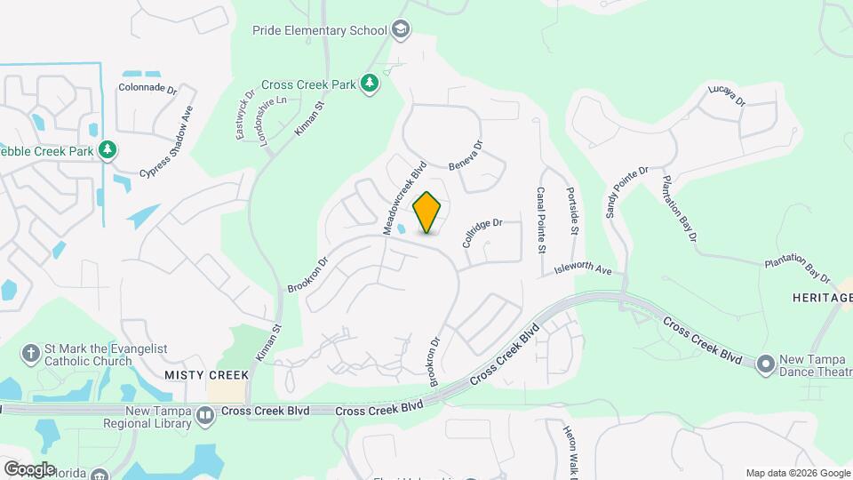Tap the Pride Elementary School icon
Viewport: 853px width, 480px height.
tap(402, 30)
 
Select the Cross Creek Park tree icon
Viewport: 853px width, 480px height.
tap(370, 84)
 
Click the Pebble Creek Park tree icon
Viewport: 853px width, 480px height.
tap(108, 149)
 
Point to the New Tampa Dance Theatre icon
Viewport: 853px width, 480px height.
tap(766, 364)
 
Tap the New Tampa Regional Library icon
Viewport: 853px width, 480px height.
tap(205, 414)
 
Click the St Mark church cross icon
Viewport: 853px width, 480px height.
tap(30, 353)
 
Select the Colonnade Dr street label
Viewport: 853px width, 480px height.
tap(147, 88)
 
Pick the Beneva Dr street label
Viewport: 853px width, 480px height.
tap(466, 156)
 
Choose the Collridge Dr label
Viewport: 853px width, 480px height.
tap(482, 233)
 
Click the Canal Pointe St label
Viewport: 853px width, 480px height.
tap(540, 219)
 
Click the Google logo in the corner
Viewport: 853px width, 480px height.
tap(29, 468)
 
